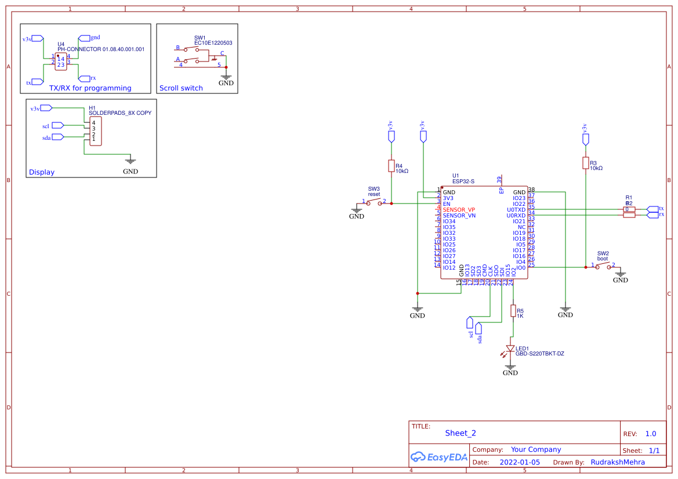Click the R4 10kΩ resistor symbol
click(391, 166)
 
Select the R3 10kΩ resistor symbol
click(586, 164)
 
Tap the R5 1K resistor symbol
click(513, 311)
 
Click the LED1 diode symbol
click(510, 349)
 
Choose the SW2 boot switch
click(601, 266)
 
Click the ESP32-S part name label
click(463, 182)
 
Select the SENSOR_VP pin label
click(459, 209)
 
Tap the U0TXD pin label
click(516, 209)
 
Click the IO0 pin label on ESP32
click(520, 267)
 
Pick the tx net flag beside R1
click(652, 209)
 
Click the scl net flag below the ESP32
click(470, 322)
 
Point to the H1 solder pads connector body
click(95, 131)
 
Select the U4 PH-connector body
click(60, 61)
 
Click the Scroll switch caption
click(181, 88)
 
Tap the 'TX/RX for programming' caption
click(90, 88)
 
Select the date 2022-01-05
click(519, 462)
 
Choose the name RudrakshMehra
click(618, 462)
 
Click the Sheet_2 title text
click(461, 433)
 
